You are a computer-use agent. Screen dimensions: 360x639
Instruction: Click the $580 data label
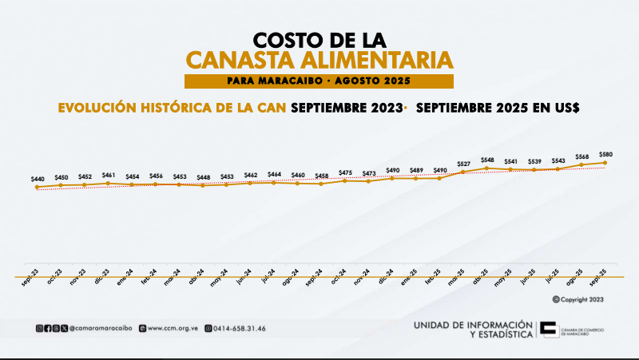[x=605, y=153]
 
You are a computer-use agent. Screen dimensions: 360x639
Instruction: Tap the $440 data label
[x=38, y=179]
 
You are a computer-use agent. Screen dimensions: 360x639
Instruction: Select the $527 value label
[x=463, y=164]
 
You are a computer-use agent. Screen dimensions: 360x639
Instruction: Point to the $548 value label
[x=487, y=159]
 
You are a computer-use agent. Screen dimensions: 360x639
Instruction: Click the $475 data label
[x=345, y=172]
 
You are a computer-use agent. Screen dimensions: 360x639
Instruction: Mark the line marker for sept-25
[x=605, y=163]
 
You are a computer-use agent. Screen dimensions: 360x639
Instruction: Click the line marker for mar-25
[x=463, y=172]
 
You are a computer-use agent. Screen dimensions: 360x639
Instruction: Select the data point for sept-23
[x=38, y=188]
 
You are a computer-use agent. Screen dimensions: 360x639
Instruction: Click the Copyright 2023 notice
[x=577, y=299]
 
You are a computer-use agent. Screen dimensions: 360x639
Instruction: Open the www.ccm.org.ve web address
[x=172, y=328]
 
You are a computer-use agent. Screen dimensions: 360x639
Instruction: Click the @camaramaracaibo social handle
[x=101, y=328]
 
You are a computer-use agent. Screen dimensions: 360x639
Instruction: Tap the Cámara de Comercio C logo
[x=550, y=330]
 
